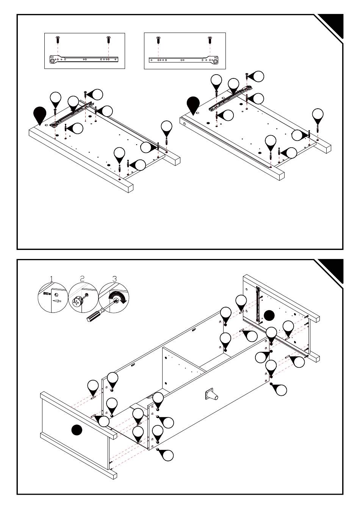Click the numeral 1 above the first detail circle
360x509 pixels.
point(52,279)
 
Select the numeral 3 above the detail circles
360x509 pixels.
point(115,279)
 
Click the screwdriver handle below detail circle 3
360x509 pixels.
point(94,315)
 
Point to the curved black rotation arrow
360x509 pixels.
point(117,296)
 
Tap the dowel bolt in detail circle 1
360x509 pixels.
point(47,294)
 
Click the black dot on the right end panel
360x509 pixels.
point(269,315)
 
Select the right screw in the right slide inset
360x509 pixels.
point(209,39)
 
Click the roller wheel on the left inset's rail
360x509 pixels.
point(52,59)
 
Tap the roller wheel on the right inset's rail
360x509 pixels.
point(215,60)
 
